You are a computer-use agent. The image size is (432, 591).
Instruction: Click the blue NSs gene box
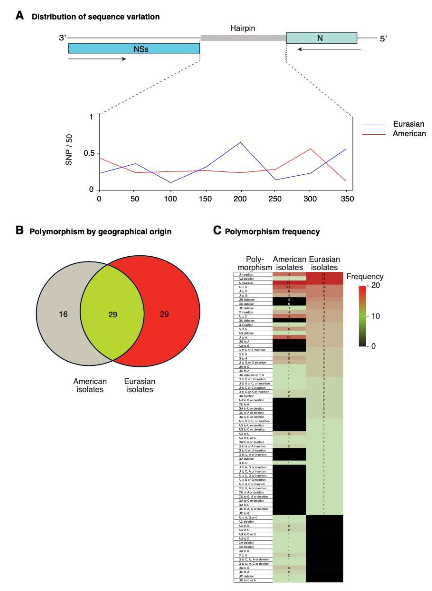pyautogui.click(x=134, y=48)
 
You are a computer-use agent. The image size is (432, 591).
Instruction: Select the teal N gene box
pyautogui.click(x=321, y=38)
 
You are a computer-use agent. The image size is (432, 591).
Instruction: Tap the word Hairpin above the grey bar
pyautogui.click(x=242, y=28)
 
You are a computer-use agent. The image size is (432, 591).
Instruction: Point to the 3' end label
pyautogui.click(x=62, y=38)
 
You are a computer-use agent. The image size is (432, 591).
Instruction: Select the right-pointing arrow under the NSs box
pyautogui.click(x=97, y=59)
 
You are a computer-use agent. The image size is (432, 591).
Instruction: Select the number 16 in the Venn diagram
pyautogui.click(x=63, y=314)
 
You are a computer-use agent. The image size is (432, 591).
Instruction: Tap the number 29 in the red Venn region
pyautogui.click(x=164, y=314)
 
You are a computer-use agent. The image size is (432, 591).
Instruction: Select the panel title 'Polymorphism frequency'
pyautogui.click(x=272, y=232)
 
